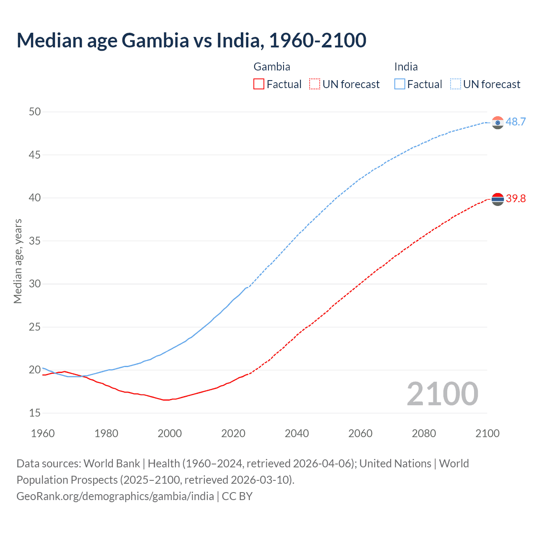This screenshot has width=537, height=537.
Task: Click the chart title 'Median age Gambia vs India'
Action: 191,40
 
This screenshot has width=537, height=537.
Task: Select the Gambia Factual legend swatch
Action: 259,84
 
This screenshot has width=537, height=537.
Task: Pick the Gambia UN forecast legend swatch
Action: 315,84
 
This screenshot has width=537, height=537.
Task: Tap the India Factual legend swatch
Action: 400,84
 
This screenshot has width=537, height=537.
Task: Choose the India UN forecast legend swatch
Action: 456,84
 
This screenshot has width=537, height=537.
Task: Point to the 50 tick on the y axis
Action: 35,112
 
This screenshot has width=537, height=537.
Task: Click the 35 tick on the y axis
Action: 35,241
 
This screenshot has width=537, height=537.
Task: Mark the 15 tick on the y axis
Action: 35,413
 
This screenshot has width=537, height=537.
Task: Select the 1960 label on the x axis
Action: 43,433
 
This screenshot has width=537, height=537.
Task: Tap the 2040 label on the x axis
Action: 297,433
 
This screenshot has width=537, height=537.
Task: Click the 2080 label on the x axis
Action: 424,433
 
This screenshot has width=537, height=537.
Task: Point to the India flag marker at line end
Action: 498,123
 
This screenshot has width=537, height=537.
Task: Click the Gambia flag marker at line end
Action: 498,199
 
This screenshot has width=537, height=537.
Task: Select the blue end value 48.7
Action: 516,122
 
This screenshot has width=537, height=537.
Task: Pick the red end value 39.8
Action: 516,199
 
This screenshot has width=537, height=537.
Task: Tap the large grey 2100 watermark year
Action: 442,394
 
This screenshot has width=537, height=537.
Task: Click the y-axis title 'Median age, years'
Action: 18,261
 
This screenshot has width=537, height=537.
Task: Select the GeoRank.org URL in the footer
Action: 115,496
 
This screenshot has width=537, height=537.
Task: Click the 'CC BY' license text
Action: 237,496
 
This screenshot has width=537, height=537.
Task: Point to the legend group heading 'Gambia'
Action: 272,67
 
